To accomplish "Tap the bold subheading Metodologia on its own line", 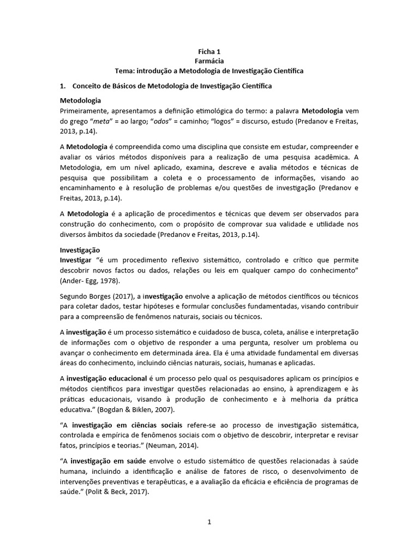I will [80, 100].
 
